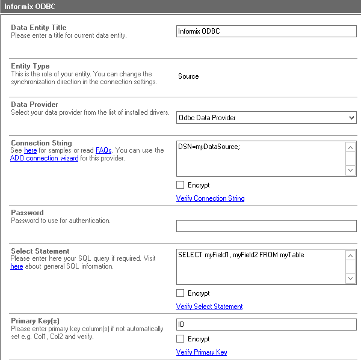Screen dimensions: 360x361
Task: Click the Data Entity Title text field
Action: tap(266, 31)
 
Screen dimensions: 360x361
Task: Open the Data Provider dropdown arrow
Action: tap(352, 118)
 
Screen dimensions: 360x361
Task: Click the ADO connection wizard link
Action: tap(44, 159)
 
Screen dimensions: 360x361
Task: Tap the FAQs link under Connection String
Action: tap(103, 150)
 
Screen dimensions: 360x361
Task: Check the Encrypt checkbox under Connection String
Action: tap(180, 185)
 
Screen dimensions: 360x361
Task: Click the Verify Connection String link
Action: tap(210, 198)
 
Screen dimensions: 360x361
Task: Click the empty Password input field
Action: tap(266, 226)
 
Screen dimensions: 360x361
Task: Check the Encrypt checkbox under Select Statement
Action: tap(180, 293)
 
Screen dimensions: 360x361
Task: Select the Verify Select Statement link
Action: tap(209, 307)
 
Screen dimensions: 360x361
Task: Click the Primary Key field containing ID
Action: tap(266, 325)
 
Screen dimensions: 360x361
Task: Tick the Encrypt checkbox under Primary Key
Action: tap(180, 339)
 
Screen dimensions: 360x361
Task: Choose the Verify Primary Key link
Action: tap(202, 352)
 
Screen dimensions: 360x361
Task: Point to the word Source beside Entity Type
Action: tap(188, 76)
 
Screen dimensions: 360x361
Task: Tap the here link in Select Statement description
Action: tap(17, 266)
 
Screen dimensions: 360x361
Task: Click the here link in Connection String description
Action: tap(30, 150)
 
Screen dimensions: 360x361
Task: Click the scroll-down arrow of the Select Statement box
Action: tap(351, 278)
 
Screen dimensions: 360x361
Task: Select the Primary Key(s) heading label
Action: tap(35, 321)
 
